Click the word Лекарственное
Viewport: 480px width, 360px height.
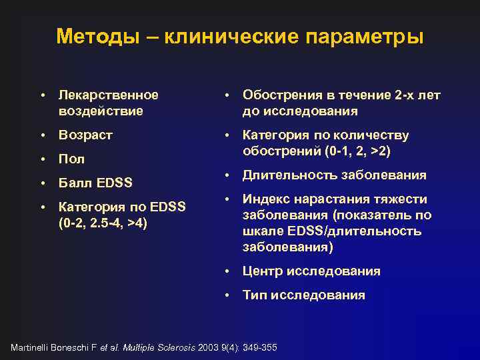[109, 95]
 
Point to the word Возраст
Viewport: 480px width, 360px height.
[86, 135]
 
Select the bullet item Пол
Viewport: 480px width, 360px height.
[71, 159]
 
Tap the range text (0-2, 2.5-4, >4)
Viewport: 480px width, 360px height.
[103, 221]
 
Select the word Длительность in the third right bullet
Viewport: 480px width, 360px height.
[290, 175]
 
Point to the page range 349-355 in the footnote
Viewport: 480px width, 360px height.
[259, 348]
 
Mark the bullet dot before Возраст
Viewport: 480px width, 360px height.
[42, 135]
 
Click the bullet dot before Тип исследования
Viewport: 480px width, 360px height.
[226, 295]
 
